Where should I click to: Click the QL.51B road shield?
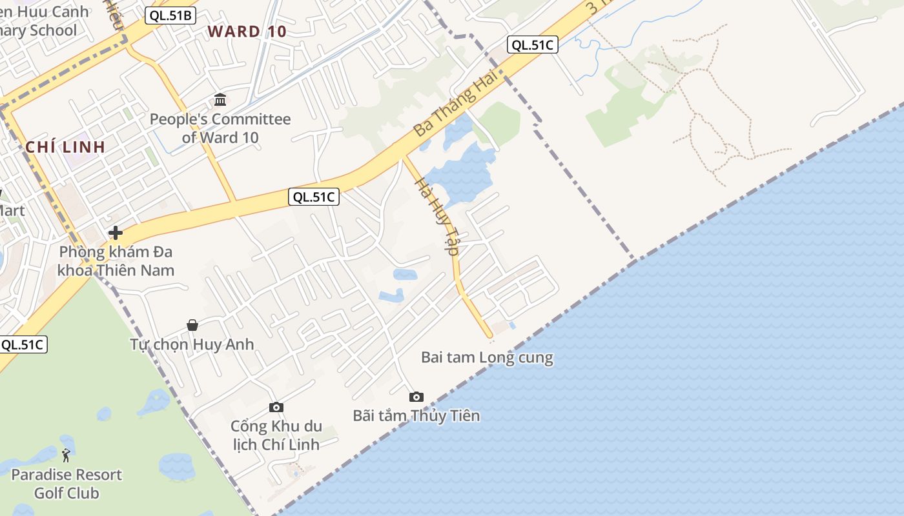pos(170,15)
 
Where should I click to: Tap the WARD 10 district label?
pos(247,32)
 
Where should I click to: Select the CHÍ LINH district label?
pos(65,147)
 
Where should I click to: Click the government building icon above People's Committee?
pos(220,100)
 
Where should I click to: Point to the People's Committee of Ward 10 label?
pos(220,128)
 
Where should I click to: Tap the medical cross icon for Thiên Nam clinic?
pos(116,233)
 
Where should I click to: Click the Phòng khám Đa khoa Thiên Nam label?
pos(116,261)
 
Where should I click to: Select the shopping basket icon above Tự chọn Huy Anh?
pos(192,325)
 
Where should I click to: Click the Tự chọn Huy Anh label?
pos(192,344)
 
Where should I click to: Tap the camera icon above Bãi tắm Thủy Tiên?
pos(416,397)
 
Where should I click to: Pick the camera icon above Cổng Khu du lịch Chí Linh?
pos(276,407)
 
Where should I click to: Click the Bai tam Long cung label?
pos(487,357)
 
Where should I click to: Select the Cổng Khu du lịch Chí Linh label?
pos(276,435)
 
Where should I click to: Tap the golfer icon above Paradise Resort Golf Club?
pos(66,455)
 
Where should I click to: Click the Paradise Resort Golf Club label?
pos(67,484)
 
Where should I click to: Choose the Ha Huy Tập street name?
pos(437,215)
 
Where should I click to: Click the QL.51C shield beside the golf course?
pos(23,344)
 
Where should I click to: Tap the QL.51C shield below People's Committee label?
pos(314,197)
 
